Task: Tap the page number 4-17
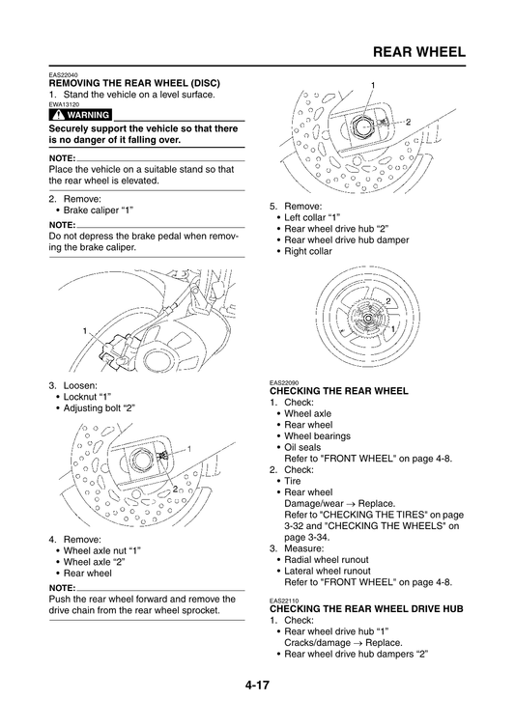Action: tap(256, 686)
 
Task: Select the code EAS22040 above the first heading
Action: tap(65, 75)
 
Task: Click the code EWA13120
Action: tap(65, 104)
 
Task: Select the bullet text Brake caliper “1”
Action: tap(98, 210)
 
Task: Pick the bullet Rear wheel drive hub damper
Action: tap(333, 239)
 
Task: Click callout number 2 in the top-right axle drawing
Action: tap(408, 122)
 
